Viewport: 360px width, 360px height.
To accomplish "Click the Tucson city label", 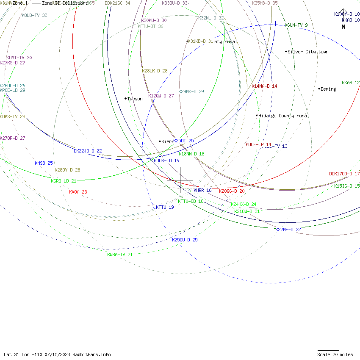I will [135, 99].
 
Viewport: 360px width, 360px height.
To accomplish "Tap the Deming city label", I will [328, 89].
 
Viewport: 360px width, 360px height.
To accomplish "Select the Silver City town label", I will [308, 52].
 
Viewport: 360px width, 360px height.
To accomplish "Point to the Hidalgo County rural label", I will [283, 116].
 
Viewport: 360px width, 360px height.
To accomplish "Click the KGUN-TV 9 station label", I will [296, 25].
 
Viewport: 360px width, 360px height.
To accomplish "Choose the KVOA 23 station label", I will [78, 192].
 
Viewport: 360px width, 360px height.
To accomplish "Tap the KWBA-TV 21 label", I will [120, 255].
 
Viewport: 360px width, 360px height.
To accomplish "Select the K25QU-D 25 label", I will [185, 240].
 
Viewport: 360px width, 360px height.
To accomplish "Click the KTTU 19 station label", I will [165, 207].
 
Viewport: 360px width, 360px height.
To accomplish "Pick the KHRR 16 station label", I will [202, 190].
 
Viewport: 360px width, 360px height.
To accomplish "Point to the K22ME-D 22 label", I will [288, 230].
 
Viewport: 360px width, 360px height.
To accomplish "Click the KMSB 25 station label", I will [44, 163].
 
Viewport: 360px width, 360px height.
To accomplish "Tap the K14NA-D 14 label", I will [264, 86].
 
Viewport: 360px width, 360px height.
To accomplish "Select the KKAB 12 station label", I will [351, 83].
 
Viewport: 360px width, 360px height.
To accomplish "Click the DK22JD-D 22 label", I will [88, 151].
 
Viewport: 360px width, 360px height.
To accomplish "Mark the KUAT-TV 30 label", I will [19, 58].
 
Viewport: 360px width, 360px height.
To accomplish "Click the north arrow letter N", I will [343, 27].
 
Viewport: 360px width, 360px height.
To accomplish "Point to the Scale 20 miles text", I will [335, 354].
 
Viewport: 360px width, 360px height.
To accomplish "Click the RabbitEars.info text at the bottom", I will [91, 354].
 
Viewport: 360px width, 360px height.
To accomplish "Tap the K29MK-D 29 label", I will [191, 91].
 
